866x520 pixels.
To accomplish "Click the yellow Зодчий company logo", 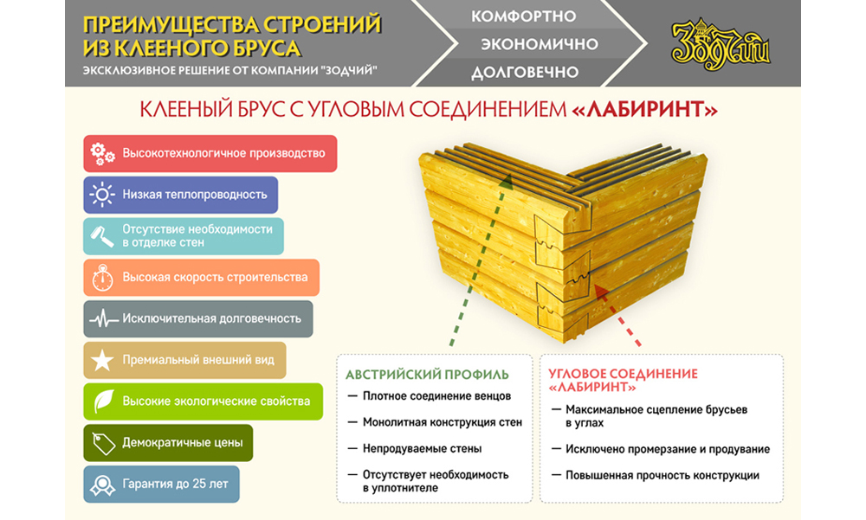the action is (720, 44).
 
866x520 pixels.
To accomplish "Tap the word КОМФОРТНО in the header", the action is (523, 16).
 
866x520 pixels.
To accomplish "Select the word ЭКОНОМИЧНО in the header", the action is (540, 44).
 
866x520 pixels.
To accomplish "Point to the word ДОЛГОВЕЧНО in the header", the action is (525, 73).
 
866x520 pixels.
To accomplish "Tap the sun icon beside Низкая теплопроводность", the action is (102, 195).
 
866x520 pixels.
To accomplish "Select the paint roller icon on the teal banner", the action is (102, 236).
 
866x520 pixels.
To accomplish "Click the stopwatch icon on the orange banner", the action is (103, 278).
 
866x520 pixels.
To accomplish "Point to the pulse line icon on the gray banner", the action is (103, 319).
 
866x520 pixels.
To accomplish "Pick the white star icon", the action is (102, 360).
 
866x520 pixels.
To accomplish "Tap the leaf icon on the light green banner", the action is (103, 401).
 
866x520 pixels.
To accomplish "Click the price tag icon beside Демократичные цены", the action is (103, 443).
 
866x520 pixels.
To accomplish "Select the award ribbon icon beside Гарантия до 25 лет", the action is (103, 485).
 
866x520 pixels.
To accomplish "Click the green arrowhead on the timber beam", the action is (506, 183).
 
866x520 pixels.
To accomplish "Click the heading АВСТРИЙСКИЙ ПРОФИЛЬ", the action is (427, 375).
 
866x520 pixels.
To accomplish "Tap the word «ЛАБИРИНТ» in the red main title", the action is (644, 109).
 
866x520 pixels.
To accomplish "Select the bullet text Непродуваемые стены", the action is (422, 449).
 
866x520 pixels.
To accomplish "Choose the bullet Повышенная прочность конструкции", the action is (662, 476).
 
